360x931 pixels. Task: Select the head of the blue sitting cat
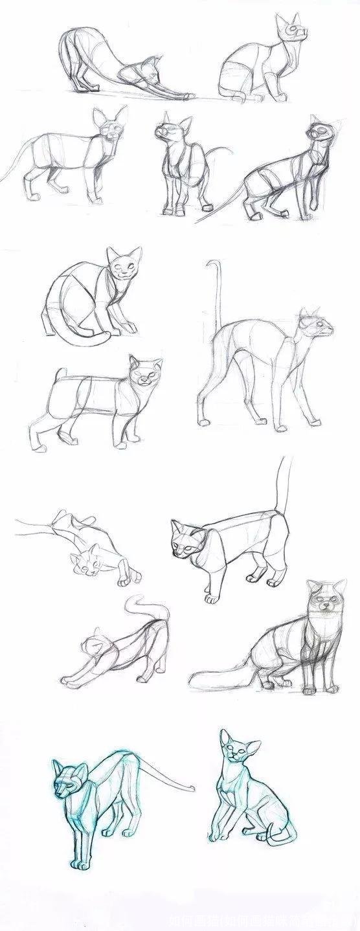pos(236,751)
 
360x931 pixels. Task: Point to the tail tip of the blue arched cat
pos(192,788)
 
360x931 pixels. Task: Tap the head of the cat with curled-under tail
pos(124,265)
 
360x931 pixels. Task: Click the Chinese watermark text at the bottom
pos(262,921)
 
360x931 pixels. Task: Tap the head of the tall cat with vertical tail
pos(315,324)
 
